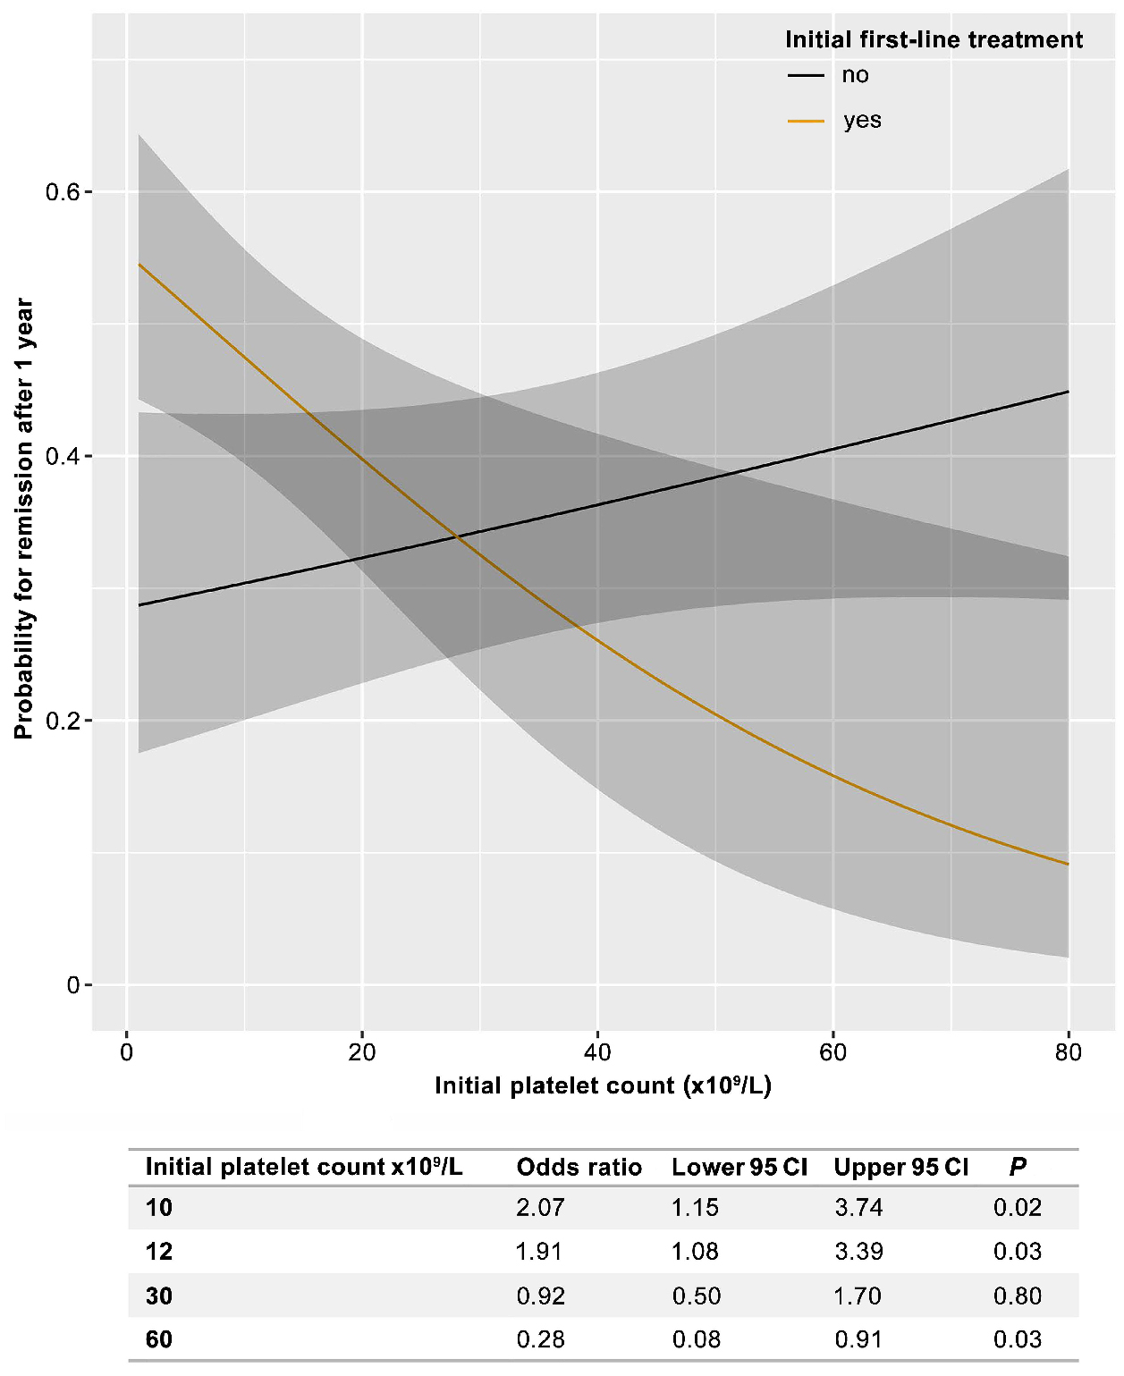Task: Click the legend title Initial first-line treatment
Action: (x=934, y=39)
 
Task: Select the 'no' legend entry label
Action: (x=855, y=75)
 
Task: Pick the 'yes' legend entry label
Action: (x=862, y=121)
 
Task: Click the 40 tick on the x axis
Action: (x=597, y=1052)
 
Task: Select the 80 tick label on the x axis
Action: (x=1068, y=1052)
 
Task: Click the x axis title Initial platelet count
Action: (x=603, y=1085)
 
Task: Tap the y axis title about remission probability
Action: (x=24, y=519)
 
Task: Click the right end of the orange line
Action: (x=1068, y=864)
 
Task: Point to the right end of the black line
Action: (x=1068, y=392)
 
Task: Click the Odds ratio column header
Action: (x=579, y=1167)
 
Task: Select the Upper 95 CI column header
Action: (x=900, y=1167)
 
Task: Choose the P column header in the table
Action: (x=1018, y=1167)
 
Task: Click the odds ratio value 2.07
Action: (x=540, y=1208)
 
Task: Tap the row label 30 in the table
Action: (x=159, y=1296)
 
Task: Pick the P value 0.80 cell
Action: (x=1018, y=1296)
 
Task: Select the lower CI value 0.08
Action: (x=696, y=1339)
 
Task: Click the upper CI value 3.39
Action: (x=858, y=1252)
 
